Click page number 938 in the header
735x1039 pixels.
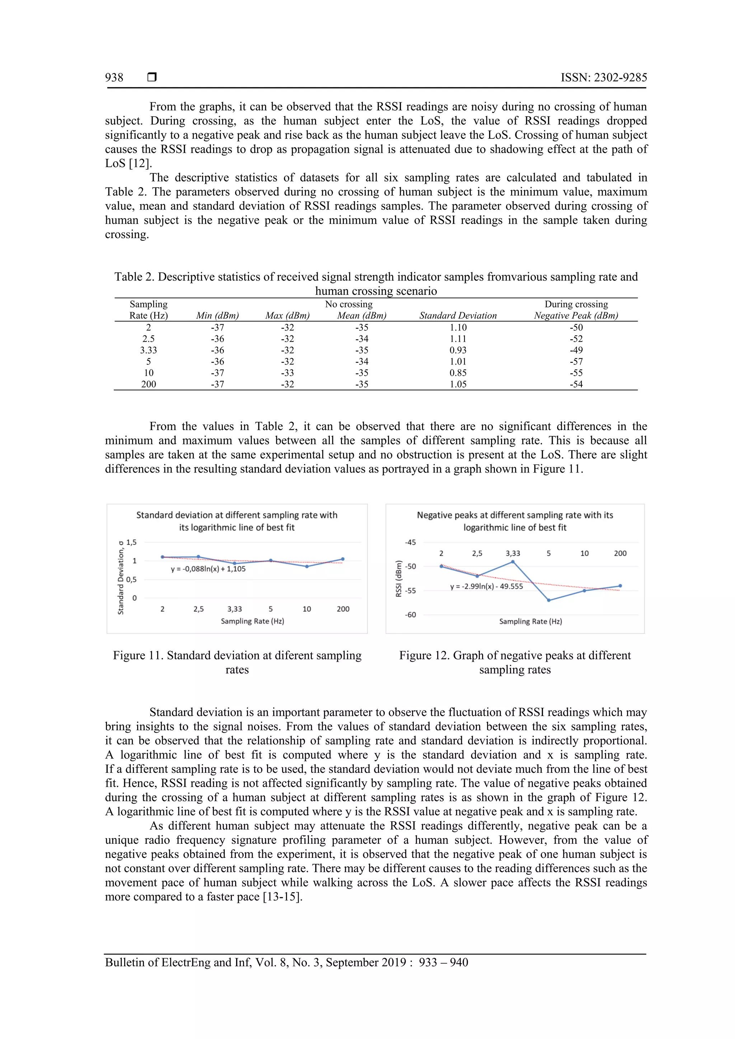[114, 77]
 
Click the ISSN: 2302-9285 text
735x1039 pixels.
[604, 77]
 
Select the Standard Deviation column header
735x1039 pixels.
[458, 315]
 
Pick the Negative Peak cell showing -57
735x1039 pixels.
[576, 362]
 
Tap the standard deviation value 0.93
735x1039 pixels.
[458, 350]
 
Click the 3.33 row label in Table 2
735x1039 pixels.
[149, 350]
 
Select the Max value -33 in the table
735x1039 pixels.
[287, 373]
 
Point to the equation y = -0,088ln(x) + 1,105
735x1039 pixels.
[208, 569]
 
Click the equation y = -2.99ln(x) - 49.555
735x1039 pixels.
[487, 587]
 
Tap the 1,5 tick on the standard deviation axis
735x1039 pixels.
[131, 542]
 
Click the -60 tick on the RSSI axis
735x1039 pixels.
[410, 615]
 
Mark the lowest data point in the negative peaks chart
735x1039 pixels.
[548, 600]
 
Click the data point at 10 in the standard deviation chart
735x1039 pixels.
[307, 566]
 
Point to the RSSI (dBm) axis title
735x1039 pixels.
[399, 579]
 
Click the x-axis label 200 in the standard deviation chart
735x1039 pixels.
[343, 609]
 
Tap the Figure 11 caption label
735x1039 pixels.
[139, 656]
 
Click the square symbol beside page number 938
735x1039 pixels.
[152, 77]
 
